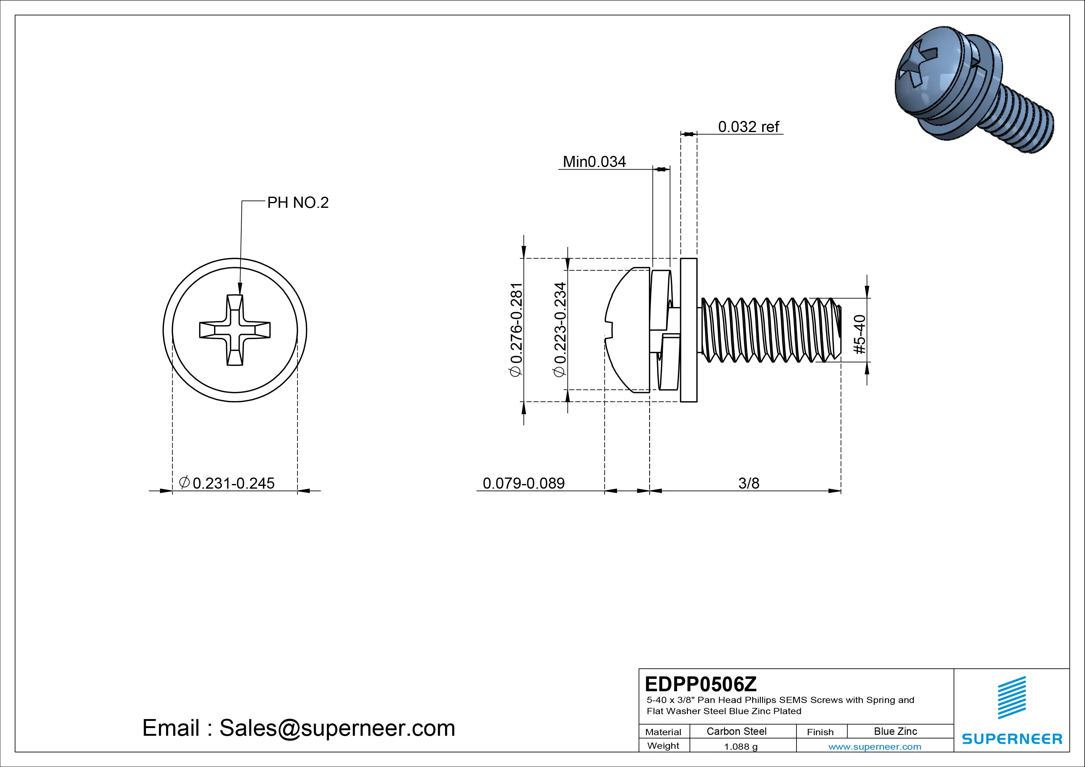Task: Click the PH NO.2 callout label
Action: coord(298,203)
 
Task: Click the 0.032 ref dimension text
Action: coord(748,127)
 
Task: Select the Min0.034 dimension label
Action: coord(594,162)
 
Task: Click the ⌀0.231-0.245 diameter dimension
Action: coord(227,483)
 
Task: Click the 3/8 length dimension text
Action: coord(748,483)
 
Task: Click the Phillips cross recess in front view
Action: coord(235,330)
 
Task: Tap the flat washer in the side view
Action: coord(688,330)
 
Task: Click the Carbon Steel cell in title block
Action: coord(736,731)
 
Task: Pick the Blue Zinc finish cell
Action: coord(895,731)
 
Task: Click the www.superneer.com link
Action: coord(875,747)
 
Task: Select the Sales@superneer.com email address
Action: coord(337,728)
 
